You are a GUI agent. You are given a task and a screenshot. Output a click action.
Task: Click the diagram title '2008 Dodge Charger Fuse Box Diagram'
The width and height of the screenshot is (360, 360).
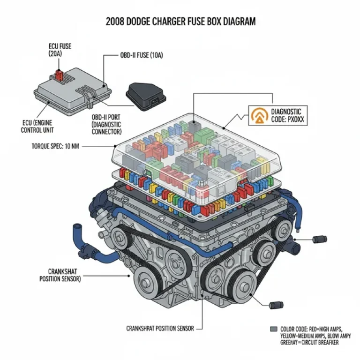tap(180, 22)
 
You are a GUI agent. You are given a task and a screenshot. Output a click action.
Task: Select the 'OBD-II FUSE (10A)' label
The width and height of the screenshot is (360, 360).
tap(140, 55)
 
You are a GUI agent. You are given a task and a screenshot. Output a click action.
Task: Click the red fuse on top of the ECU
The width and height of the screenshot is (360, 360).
tap(60, 75)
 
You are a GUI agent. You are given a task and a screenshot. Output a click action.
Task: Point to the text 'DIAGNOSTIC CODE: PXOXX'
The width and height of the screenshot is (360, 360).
tap(287, 116)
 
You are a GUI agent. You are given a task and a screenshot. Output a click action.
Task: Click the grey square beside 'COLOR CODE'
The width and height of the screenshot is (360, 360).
tap(274, 329)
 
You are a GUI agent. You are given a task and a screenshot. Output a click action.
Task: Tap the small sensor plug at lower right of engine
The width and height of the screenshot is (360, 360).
tap(277, 306)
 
